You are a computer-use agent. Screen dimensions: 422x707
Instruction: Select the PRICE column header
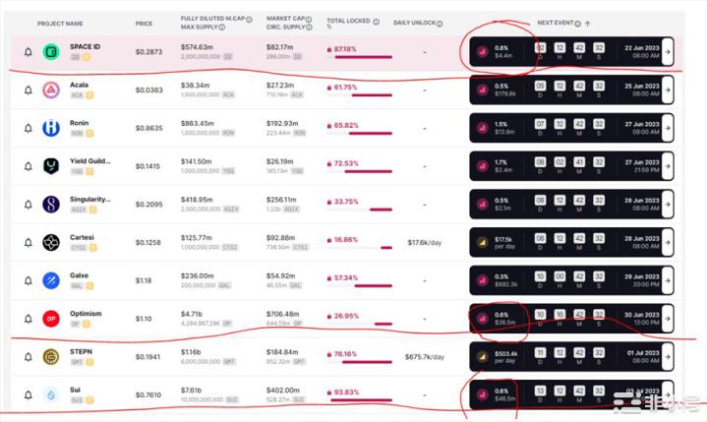[144, 23]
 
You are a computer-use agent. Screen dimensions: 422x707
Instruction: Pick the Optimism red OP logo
[51, 319]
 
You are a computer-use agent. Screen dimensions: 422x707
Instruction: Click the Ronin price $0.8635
[149, 129]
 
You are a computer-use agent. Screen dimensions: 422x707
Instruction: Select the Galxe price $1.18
[144, 280]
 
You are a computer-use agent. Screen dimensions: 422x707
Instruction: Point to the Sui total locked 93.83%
[343, 393]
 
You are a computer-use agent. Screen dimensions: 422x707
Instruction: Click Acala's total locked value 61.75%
[343, 88]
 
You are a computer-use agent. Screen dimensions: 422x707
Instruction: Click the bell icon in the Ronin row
[28, 129]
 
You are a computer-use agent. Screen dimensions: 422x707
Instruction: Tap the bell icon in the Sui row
[28, 395]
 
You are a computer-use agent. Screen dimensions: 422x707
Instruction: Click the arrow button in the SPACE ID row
[668, 52]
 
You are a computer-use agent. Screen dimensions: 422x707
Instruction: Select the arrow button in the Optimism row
[668, 319]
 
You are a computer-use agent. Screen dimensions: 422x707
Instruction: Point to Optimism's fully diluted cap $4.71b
[193, 314]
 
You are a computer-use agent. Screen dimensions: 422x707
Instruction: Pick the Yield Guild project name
[90, 161]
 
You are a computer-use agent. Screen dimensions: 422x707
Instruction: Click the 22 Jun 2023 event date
[640, 47]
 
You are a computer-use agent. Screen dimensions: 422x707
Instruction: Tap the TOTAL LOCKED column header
[349, 21]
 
